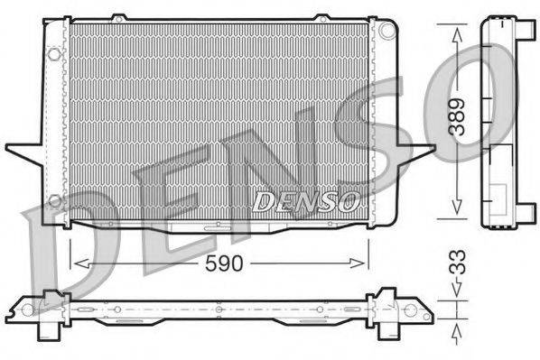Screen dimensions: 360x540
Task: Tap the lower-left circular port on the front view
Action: tap(54, 200)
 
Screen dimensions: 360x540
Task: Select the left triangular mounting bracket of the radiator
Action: tap(25, 150)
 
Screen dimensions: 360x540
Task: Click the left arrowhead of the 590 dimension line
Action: tap(74, 263)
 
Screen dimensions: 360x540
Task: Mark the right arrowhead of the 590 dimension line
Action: tap(365, 263)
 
